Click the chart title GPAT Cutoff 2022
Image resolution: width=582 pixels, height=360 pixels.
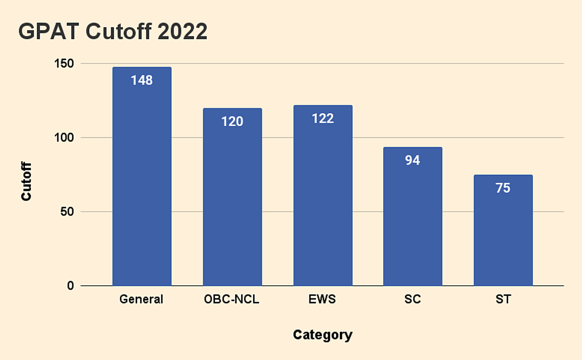[113, 32]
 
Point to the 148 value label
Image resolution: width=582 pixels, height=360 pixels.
[142, 80]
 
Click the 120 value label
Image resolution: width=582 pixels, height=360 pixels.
[232, 121]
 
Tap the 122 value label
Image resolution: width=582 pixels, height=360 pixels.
[323, 118]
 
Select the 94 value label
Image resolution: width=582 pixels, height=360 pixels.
[412, 160]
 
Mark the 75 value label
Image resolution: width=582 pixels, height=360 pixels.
[503, 188]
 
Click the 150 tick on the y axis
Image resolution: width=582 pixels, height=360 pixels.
[63, 64]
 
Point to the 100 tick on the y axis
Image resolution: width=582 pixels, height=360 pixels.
[63, 138]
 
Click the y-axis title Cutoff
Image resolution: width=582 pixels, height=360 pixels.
[27, 181]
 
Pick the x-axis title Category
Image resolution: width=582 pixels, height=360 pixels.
[323, 335]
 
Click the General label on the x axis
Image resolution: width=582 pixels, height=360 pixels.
[142, 299]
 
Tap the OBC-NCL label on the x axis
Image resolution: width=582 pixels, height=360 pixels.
[232, 299]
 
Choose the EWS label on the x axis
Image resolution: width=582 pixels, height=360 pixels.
[323, 299]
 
